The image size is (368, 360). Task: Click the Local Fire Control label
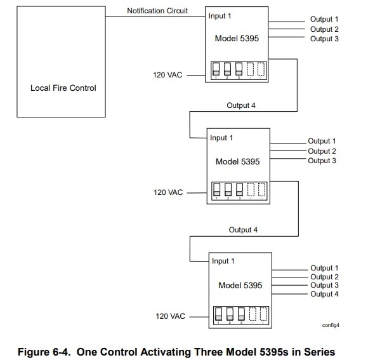point(63,88)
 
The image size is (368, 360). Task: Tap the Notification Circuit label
point(157,11)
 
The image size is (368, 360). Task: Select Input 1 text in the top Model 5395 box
point(221,16)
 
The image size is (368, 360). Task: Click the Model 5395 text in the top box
point(237,38)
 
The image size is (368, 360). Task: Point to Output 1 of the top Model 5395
point(324,20)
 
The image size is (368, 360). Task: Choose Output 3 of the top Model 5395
point(324,39)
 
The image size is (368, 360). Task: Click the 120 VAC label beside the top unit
point(168,75)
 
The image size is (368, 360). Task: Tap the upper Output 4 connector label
point(241,105)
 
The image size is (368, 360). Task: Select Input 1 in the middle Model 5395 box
point(221,138)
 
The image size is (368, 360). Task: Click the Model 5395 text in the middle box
point(237,161)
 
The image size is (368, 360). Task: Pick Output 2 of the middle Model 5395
point(322,151)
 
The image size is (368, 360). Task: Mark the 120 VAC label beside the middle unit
point(168,192)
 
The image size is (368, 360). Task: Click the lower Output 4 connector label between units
point(243,230)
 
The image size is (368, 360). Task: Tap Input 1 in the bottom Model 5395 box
point(223,261)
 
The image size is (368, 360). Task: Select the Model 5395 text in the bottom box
point(240,285)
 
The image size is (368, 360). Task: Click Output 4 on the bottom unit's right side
point(324,294)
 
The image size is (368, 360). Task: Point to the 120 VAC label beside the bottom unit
point(171,316)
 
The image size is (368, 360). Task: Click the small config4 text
point(331,324)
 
